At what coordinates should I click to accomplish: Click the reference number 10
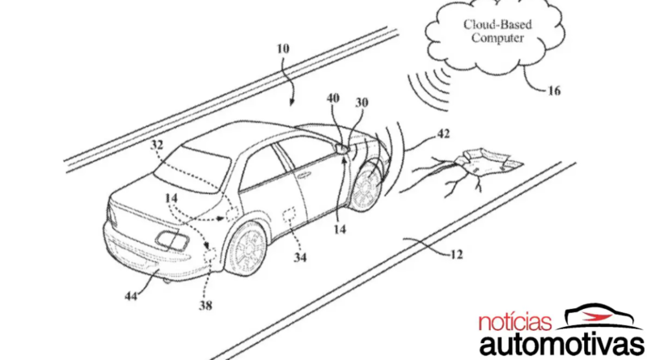click(x=283, y=49)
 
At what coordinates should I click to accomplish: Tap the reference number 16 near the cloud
click(x=554, y=91)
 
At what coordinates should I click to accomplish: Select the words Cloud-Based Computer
click(x=497, y=32)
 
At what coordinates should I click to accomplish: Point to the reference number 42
click(x=442, y=133)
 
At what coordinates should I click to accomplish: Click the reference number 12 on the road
click(x=456, y=255)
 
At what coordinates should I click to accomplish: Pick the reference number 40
click(x=333, y=98)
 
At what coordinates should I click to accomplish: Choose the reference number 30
click(x=362, y=103)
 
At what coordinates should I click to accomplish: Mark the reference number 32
click(x=157, y=145)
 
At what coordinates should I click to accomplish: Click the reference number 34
click(x=300, y=257)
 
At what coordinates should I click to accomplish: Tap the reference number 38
click(x=205, y=306)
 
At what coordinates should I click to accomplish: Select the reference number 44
click(x=131, y=296)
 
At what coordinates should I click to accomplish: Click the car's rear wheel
click(x=245, y=248)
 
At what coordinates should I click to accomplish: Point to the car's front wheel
click(x=366, y=187)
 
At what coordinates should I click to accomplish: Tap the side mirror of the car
click(x=342, y=148)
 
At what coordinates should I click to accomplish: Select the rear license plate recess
click(x=172, y=240)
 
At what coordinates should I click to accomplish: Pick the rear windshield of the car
click(x=194, y=168)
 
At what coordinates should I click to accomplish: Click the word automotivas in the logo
click(x=562, y=345)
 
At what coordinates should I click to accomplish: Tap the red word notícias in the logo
click(x=515, y=323)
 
